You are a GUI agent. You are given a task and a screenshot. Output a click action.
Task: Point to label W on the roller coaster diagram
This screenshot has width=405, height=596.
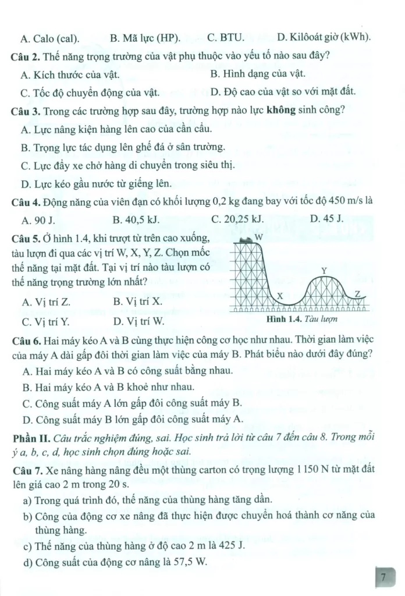point(260,237)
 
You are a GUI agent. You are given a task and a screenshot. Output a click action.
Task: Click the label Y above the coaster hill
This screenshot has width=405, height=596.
point(325,270)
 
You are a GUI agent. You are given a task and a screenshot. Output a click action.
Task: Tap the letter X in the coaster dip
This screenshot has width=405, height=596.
point(279,296)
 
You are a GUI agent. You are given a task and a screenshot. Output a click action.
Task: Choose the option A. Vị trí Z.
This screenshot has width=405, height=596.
point(45,302)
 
